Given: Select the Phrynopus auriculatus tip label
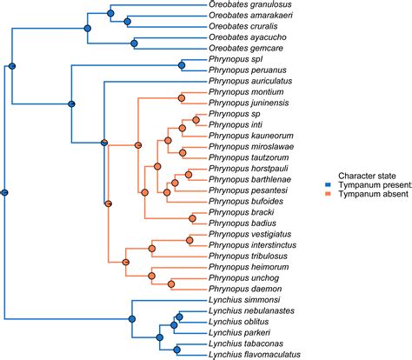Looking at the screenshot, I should (249, 80).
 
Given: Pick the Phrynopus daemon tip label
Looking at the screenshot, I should (241, 288).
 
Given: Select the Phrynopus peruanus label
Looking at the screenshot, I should (243, 70).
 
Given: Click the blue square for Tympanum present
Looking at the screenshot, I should (318, 184).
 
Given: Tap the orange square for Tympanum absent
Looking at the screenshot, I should (318, 196).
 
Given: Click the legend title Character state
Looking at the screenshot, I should (350, 173).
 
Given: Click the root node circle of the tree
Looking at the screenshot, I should (4, 192).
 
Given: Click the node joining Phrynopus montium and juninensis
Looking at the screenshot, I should (181, 97).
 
